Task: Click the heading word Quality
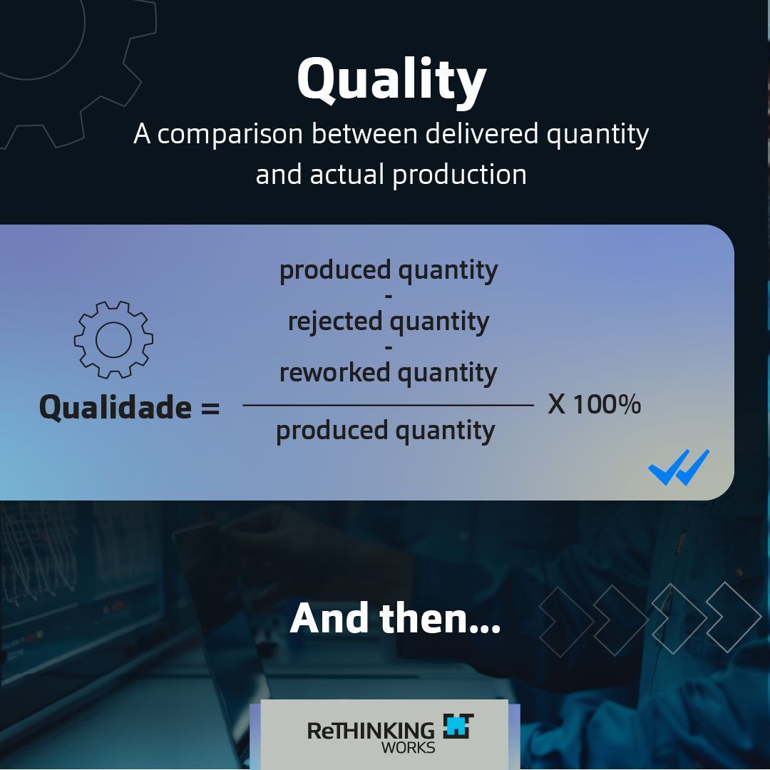(391, 81)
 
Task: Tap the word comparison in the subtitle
(230, 135)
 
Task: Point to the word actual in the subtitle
(346, 175)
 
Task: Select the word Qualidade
(115, 407)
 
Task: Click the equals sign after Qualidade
(210, 408)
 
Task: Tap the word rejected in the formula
(335, 322)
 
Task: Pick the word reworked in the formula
(335, 372)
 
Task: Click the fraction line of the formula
(388, 405)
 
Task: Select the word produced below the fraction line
(332, 431)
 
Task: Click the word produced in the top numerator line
(335, 271)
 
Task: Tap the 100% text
(607, 405)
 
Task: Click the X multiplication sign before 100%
(556, 405)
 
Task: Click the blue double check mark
(679, 467)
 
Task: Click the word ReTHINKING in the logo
(371, 731)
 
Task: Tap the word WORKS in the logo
(408, 748)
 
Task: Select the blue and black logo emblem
(458, 726)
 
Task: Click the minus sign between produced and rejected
(389, 297)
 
